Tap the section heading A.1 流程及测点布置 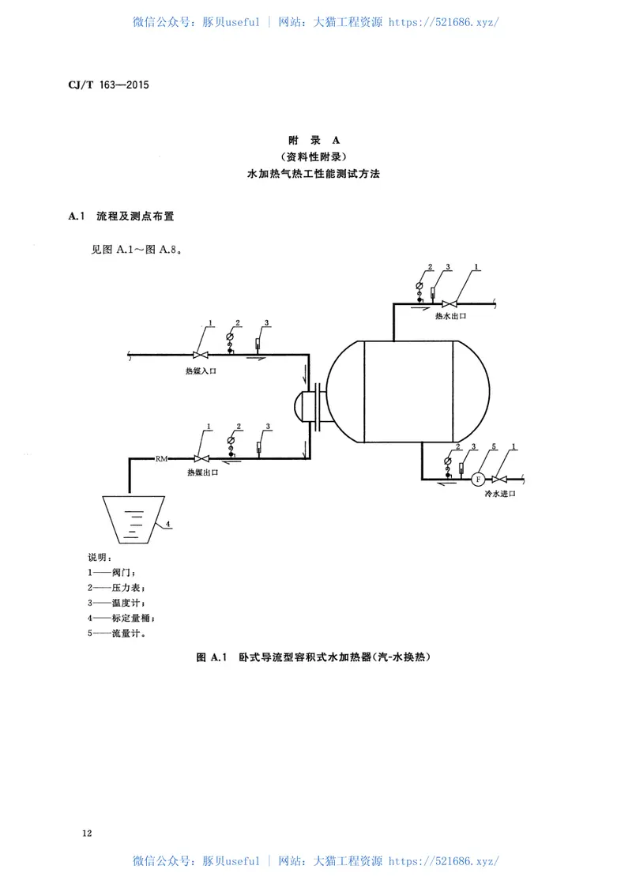click(122, 215)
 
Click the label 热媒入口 click(201, 370)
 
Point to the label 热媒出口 click(202, 472)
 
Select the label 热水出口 click(451, 315)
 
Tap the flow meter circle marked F click(477, 479)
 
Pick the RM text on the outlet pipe click(161, 458)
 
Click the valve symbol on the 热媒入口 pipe click(201, 355)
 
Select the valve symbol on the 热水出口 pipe click(450, 303)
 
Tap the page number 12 click(87, 834)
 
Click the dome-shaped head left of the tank click(300, 406)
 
